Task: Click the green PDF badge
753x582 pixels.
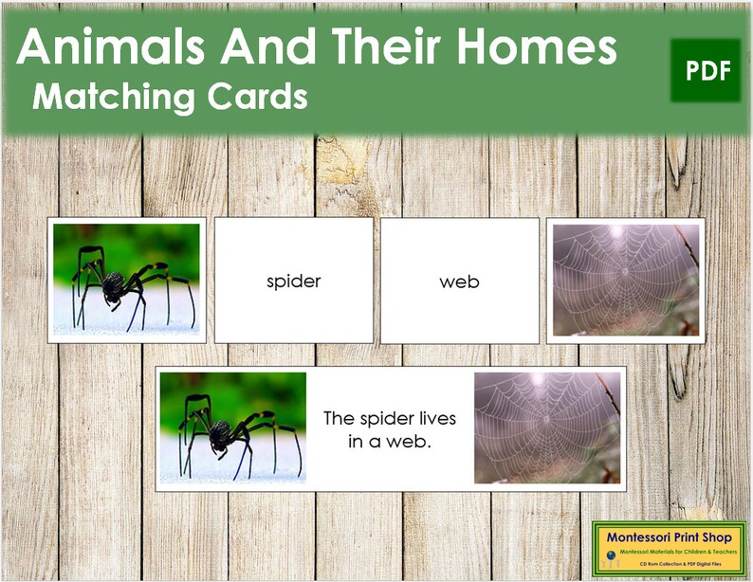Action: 706,71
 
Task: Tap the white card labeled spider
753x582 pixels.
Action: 293,282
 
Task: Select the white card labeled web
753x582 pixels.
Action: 459,282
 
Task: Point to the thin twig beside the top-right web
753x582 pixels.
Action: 688,246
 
